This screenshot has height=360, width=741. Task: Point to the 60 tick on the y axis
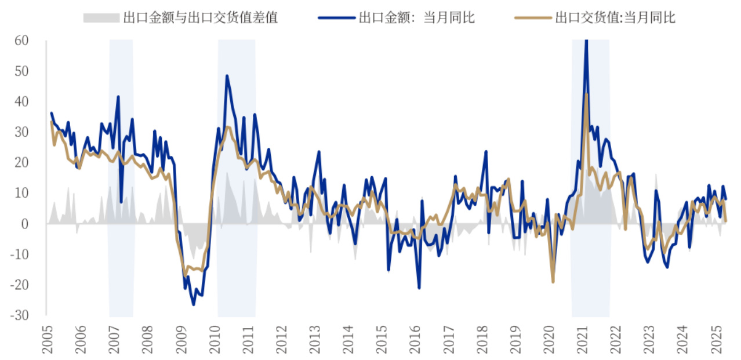(22, 41)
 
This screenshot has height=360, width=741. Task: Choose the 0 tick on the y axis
(26, 224)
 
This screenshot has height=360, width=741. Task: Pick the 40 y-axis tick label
(22, 101)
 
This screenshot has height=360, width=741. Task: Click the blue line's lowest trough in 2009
(194, 305)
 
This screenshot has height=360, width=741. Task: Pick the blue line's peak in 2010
(227, 76)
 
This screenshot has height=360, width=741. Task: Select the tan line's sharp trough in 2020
(553, 282)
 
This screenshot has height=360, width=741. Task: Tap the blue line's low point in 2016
(419, 288)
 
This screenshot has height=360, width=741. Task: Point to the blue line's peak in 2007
(118, 97)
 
